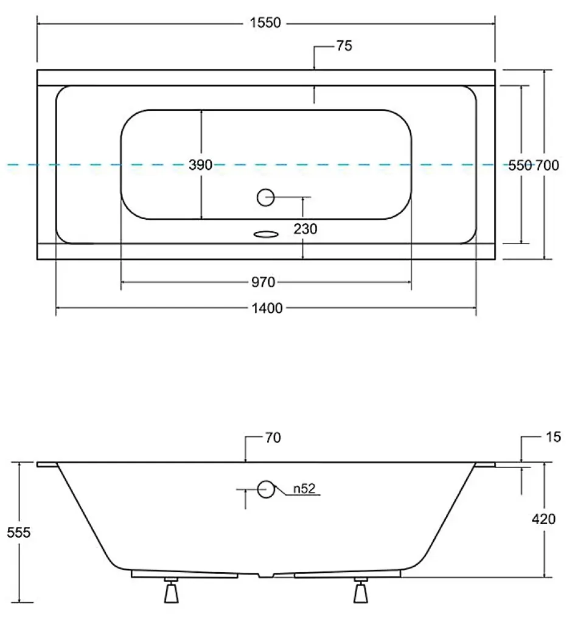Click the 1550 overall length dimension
(265, 23)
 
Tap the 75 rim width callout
(344, 46)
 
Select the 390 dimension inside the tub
(200, 165)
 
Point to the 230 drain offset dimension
(305, 229)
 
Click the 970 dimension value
(263, 282)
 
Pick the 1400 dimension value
(267, 308)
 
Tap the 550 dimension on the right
(520, 165)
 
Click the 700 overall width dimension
(547, 165)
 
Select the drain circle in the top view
(265, 197)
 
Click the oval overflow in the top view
(266, 234)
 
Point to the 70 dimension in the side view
(273, 438)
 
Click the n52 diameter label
(304, 489)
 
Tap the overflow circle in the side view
(265, 489)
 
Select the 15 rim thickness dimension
(553, 437)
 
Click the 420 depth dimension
(543, 519)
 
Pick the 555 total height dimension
(18, 533)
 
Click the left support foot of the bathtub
(172, 590)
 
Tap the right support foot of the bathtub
(361, 590)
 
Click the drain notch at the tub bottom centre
(265, 575)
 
